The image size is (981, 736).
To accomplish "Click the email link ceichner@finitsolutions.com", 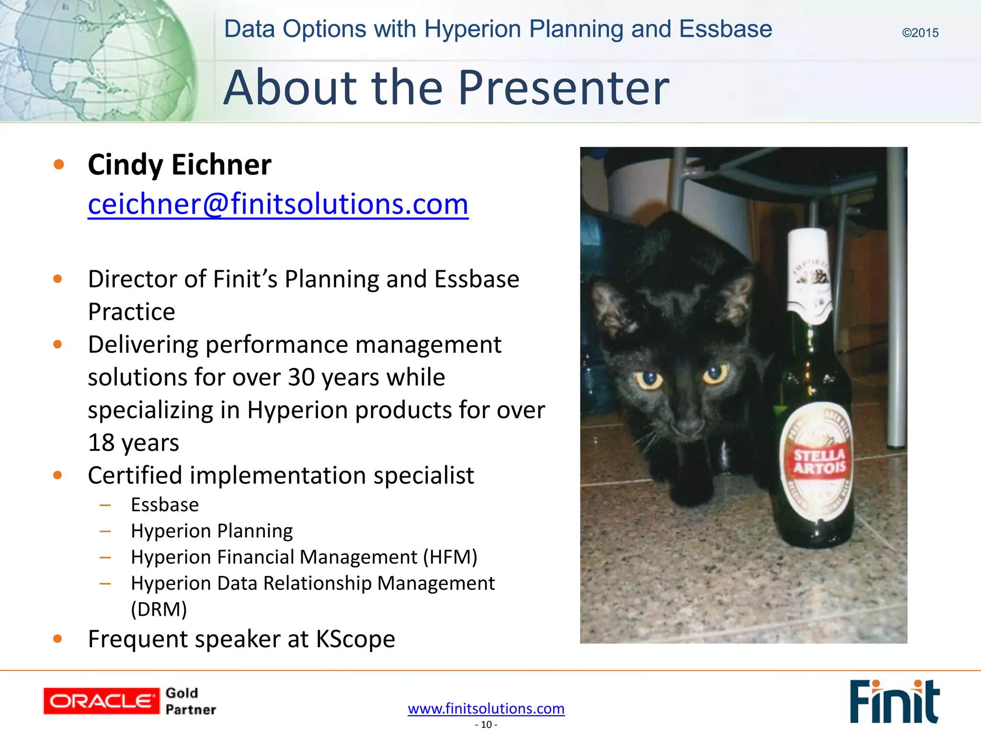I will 278,205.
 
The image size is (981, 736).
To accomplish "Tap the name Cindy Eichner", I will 180,165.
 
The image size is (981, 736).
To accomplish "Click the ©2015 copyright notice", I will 920,33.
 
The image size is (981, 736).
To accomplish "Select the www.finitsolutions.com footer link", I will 486,708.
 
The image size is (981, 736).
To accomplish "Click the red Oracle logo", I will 101,701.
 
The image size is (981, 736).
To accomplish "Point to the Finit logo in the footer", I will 894,701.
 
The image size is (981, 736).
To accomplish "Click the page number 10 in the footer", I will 486,724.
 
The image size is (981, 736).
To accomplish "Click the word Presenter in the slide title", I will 564,88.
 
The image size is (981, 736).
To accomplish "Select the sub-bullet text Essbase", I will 165,505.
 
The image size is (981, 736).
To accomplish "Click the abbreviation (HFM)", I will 450,557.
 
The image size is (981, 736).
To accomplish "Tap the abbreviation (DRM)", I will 159,609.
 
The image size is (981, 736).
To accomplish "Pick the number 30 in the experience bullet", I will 301,378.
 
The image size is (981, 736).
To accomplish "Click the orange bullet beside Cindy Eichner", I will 59,165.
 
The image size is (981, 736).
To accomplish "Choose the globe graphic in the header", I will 96,60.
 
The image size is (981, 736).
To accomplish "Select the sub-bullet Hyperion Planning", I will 212,531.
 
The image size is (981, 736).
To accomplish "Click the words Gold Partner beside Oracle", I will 191,701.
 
